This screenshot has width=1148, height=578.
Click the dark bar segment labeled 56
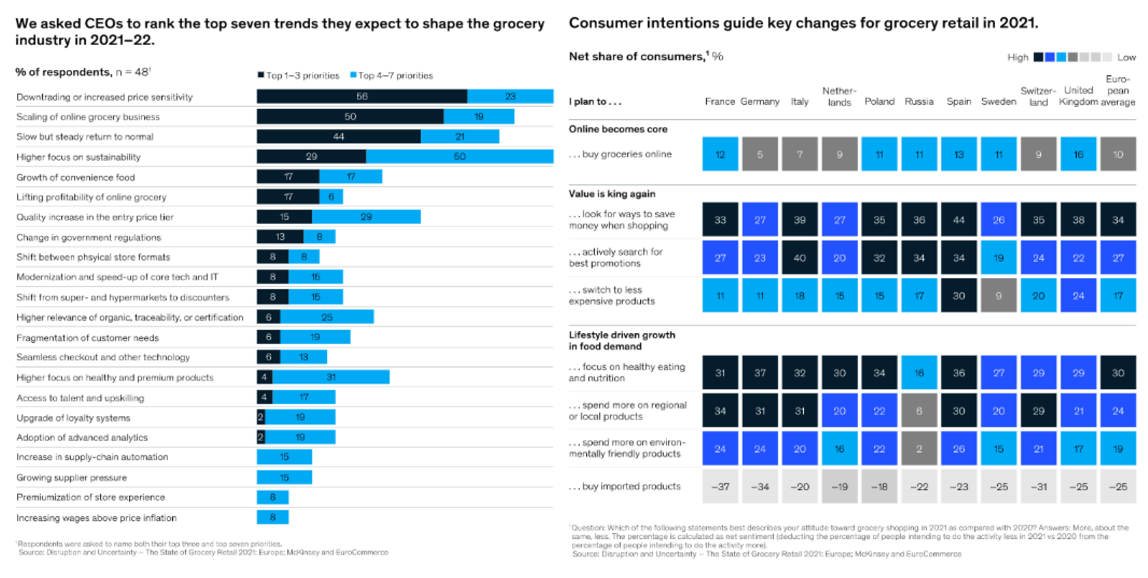pos(362,96)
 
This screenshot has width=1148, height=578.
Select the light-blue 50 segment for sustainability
pos(460,156)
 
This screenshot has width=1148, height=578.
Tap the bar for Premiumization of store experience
pos(272,497)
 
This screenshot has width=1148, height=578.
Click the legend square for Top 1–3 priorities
pos(261,75)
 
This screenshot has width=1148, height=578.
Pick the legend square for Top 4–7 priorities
pos(353,75)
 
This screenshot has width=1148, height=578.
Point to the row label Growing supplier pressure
pos(72,478)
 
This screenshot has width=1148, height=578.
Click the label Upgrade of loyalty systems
pos(73,418)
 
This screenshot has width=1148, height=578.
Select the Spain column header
pos(958,101)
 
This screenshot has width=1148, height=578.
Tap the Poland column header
pos(879,101)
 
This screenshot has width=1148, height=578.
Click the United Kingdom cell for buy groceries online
pos(1078,154)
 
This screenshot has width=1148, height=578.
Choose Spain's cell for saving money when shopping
pos(958,220)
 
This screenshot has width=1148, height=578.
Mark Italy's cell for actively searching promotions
pos(800,257)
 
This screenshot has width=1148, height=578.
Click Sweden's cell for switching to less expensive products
pos(998,296)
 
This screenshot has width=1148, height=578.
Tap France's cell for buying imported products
pos(720,487)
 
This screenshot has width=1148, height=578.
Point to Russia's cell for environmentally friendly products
pos(919,449)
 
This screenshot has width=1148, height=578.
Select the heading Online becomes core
pos(618,129)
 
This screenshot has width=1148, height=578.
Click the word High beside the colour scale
pos(1017,57)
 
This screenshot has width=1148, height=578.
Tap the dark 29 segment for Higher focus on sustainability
pos(311,156)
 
